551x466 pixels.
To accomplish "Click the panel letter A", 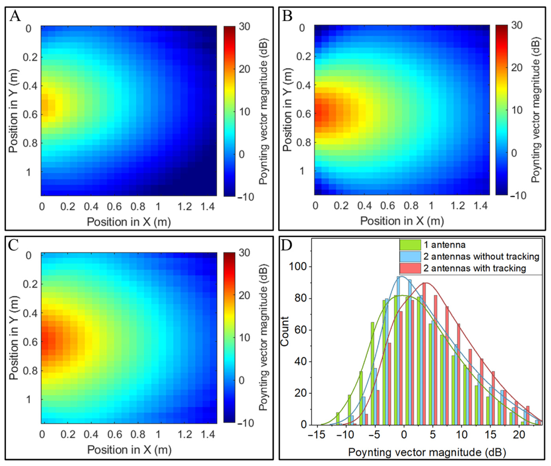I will tap(15, 16).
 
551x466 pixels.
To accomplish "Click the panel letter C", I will tap(14, 245).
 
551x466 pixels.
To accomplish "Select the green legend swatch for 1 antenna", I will tap(410, 245).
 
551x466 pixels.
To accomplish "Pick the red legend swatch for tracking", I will tap(410, 268).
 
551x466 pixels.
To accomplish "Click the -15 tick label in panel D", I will tap(317, 435).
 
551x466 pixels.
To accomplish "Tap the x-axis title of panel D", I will tap(427, 452).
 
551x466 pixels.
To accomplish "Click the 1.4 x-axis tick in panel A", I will tap(208, 206).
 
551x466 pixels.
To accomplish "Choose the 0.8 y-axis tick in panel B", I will tap(303, 142).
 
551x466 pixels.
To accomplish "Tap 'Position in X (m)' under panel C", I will tap(129, 450).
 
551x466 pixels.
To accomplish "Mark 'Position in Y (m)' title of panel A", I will tap(13, 111).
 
